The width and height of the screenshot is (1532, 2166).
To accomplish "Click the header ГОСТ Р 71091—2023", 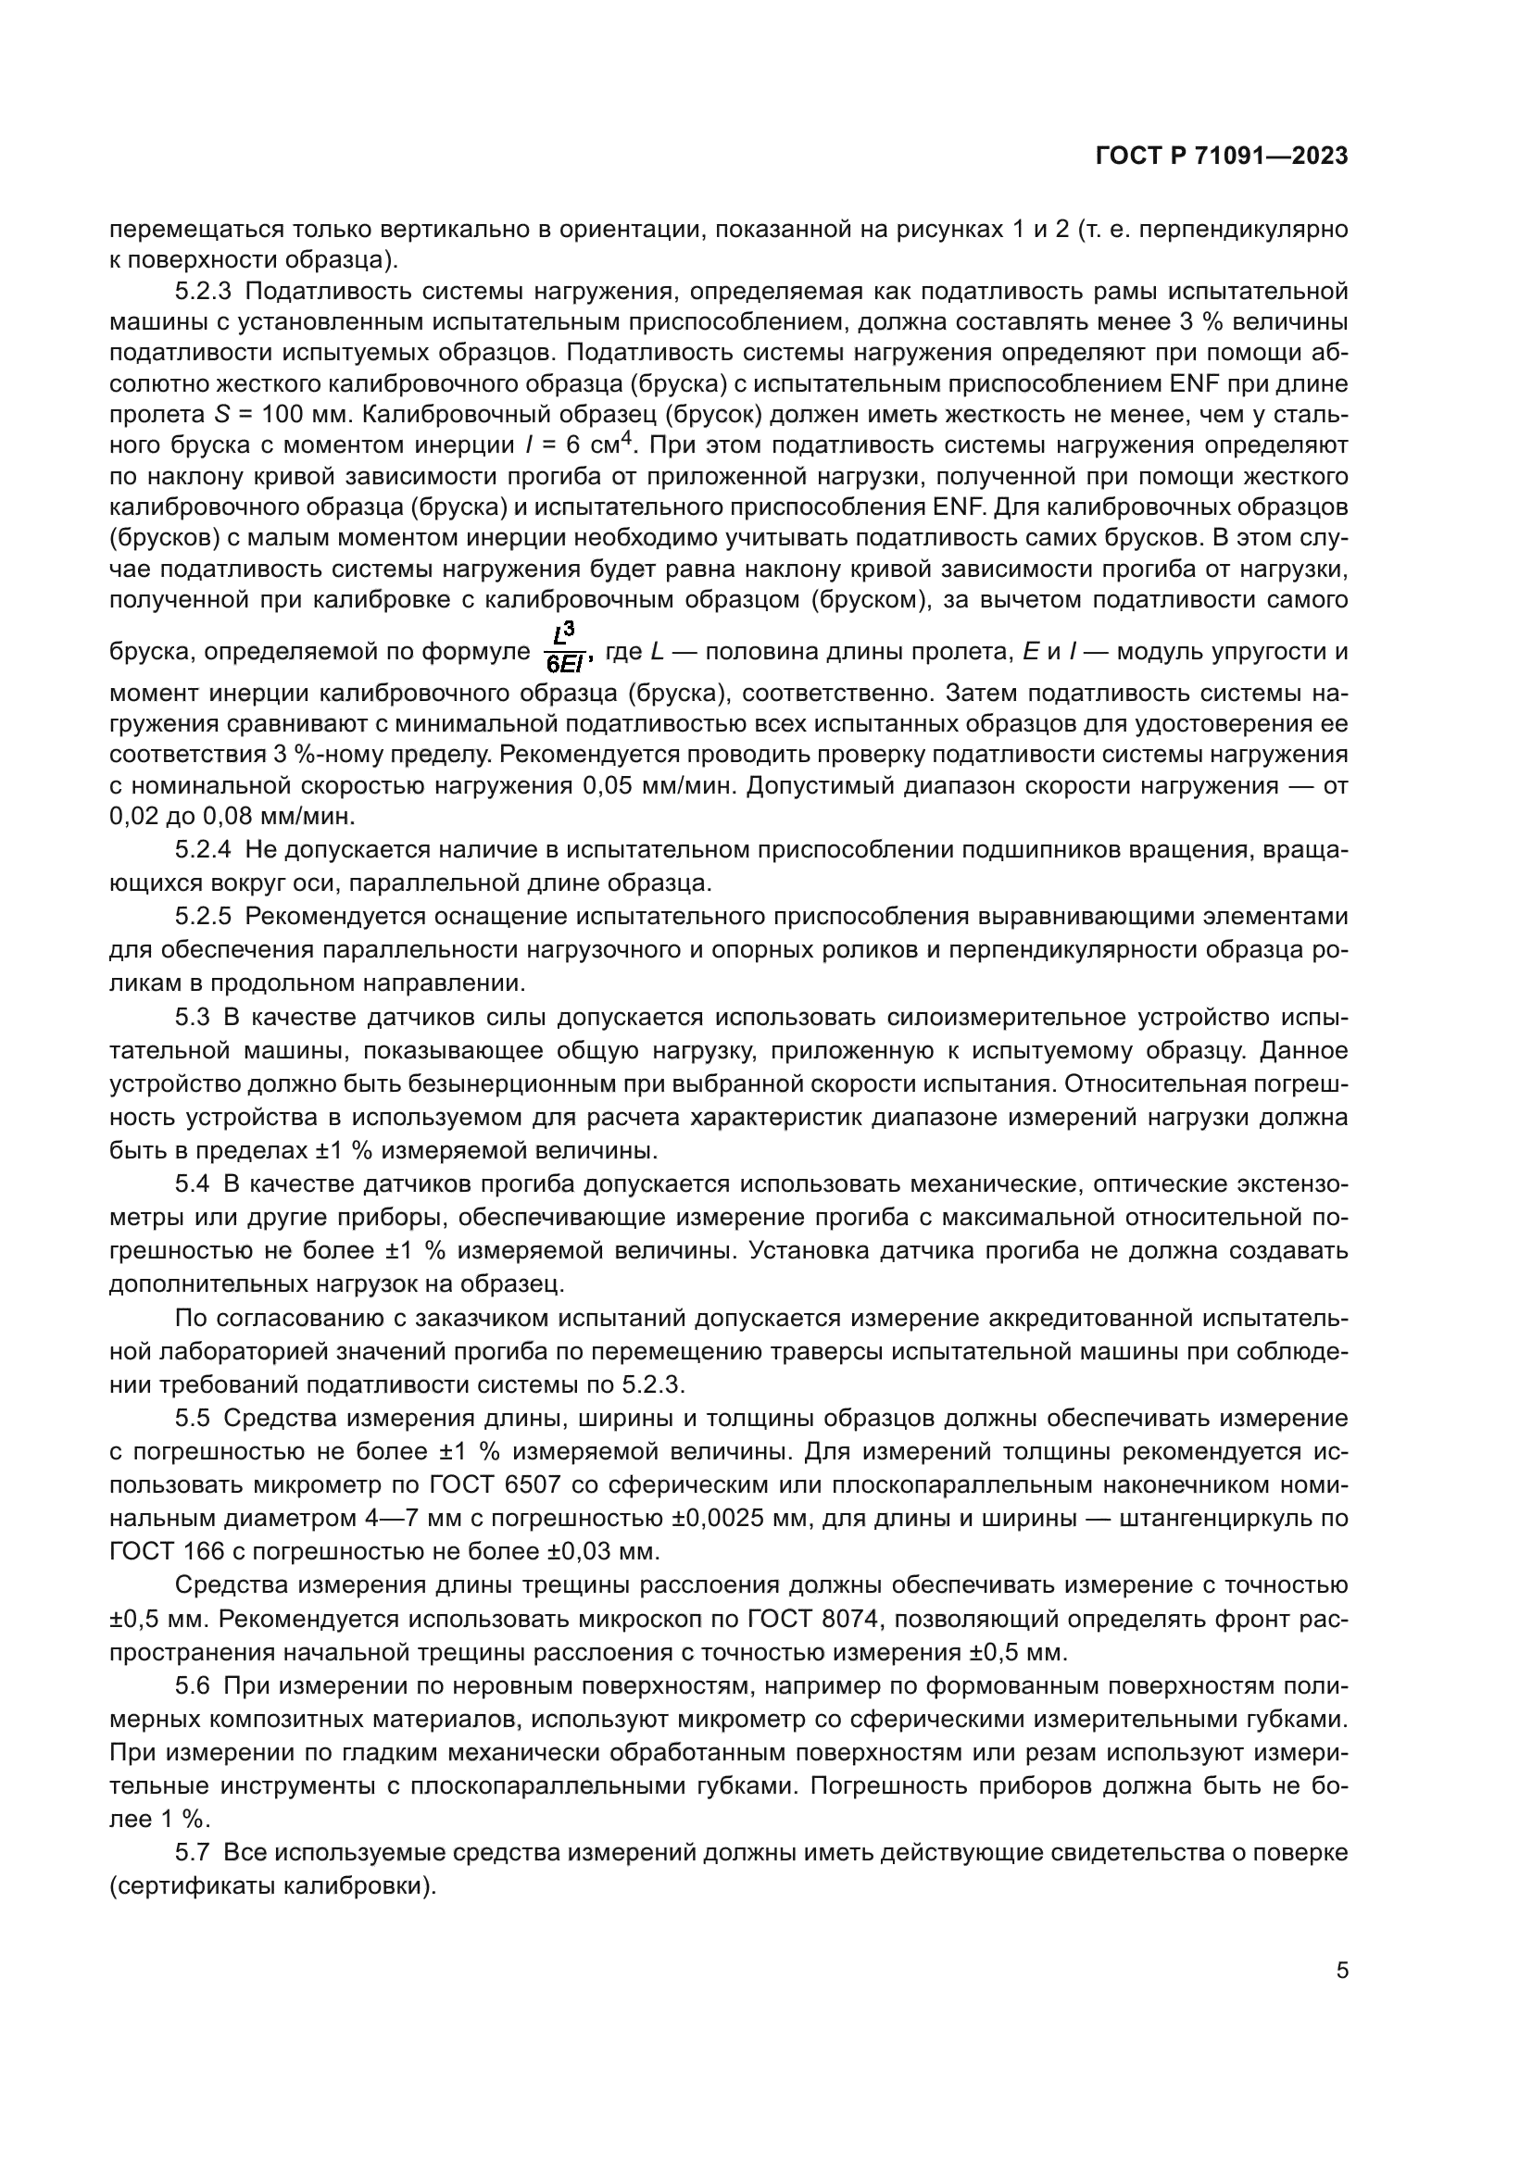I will pyautogui.click(x=1222, y=157).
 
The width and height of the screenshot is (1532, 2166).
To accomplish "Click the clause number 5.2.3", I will pyautogui.click(x=203, y=291).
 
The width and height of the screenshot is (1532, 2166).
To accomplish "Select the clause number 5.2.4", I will pyautogui.click(x=203, y=850).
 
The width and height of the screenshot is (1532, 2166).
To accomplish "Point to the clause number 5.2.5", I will pyautogui.click(x=203, y=916).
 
